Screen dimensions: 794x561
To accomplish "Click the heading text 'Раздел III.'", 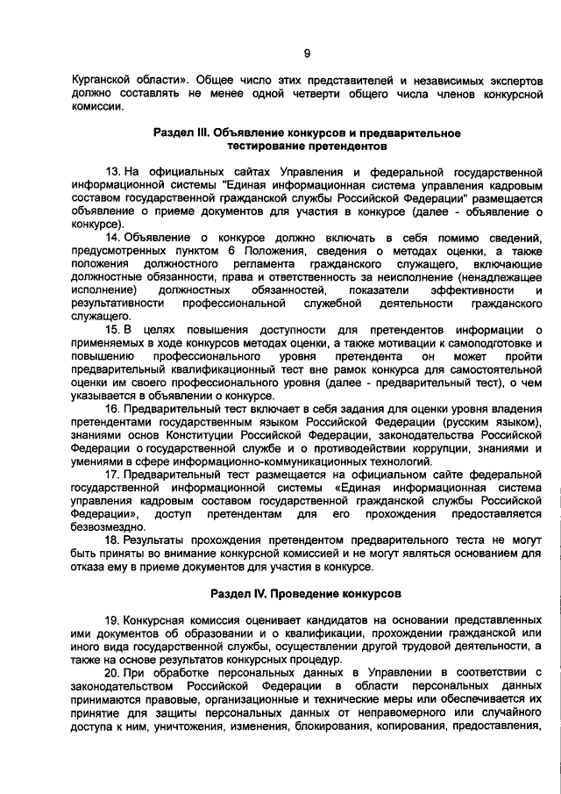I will [x=182, y=132].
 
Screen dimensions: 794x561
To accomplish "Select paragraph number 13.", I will [x=111, y=170].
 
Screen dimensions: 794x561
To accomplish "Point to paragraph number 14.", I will [x=111, y=237].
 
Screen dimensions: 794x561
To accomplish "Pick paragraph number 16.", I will [x=111, y=409].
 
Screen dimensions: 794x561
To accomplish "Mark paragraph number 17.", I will [x=111, y=475].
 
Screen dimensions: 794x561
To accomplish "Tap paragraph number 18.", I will [x=111, y=540].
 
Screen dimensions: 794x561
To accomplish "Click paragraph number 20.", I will [x=111, y=673].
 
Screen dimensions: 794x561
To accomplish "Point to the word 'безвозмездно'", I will [x=107, y=527].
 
